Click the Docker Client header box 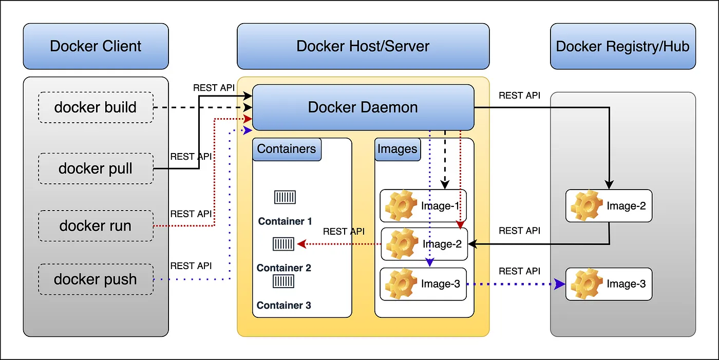coord(96,46)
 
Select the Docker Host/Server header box coord(363,46)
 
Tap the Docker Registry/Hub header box coord(622,46)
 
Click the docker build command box coord(96,107)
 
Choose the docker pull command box coord(96,168)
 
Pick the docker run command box coord(96,225)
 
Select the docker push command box coord(96,279)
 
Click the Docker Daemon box coord(363,107)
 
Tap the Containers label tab coord(287,149)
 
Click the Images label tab coord(397,149)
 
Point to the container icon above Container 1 coord(285,197)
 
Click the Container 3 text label coord(283,306)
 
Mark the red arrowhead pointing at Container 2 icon coord(301,244)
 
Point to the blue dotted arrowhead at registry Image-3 coord(560,284)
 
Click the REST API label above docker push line coord(191,266)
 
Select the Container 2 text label coord(283,268)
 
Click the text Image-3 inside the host coord(440,284)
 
